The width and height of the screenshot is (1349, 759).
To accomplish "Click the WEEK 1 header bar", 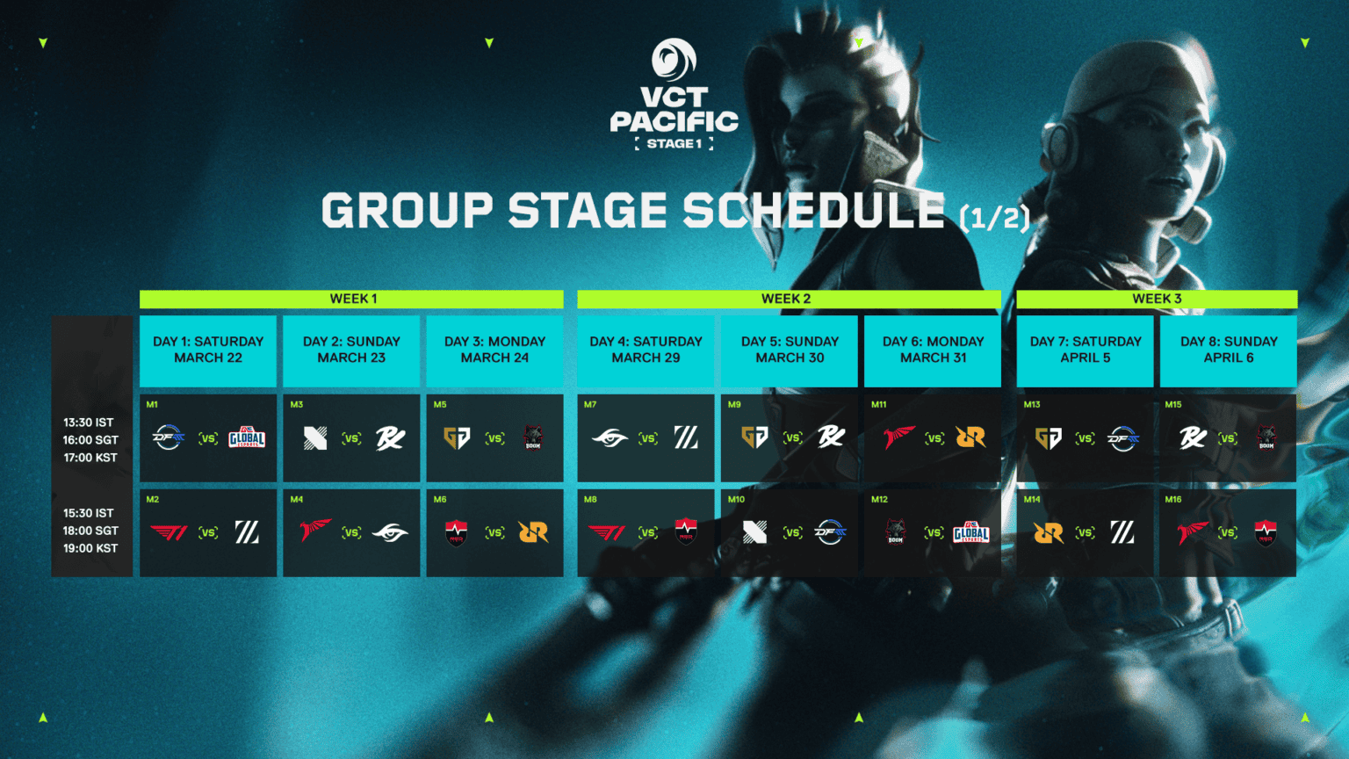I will [x=352, y=299].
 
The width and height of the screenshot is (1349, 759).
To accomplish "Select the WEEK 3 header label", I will [x=1157, y=299].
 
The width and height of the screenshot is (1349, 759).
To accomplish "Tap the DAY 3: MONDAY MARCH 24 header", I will [x=494, y=350].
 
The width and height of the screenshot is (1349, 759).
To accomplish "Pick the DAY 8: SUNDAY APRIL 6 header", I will [x=1228, y=350].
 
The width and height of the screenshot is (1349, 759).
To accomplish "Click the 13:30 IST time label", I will [x=88, y=423].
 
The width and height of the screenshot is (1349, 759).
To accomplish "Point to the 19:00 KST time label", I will [x=90, y=548].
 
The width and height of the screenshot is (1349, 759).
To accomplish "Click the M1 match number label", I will [x=152, y=405].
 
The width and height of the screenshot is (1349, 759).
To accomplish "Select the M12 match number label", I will [x=879, y=500].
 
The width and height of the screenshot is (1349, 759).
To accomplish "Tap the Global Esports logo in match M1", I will [x=247, y=437].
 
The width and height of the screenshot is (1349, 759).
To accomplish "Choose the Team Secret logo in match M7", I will [x=610, y=437].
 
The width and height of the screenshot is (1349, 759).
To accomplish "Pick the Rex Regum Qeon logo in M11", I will [x=970, y=437].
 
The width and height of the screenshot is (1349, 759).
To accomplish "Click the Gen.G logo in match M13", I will [x=1049, y=437].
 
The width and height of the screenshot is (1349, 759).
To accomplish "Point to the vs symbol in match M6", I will [x=495, y=532].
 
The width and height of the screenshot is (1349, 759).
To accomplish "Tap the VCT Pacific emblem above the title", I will [x=674, y=60].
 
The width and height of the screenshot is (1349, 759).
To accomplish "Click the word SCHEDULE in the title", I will [x=813, y=212].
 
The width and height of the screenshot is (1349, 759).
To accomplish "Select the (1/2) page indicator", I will [x=994, y=217].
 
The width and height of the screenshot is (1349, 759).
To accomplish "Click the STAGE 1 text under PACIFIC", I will [x=674, y=144].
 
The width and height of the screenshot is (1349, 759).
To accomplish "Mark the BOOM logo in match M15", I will [x=1266, y=437].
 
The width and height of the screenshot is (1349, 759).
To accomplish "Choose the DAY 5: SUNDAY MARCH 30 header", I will [x=790, y=350].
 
